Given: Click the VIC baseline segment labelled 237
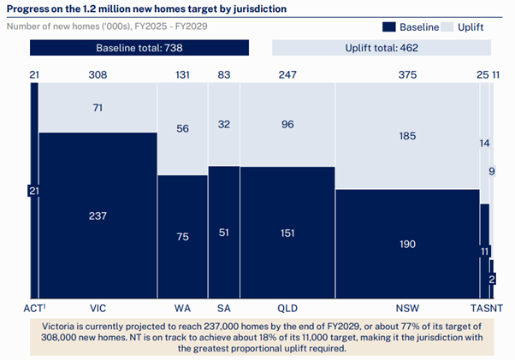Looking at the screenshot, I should pos(98,215).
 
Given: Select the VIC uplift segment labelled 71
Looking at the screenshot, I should pos(98,108).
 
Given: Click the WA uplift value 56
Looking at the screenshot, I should pos(182,128).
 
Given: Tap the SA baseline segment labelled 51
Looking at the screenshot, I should pos(224,233).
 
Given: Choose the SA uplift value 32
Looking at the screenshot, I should pos(224,123).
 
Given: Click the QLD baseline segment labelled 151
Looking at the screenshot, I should pos(287,233).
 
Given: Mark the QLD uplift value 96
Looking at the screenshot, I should pos(287,123).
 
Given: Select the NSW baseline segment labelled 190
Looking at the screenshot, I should pos(407,244).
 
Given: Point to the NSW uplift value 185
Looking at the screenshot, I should pos(407,135).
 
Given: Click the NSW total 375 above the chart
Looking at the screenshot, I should pos(407,75).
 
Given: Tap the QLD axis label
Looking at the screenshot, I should pos(287,307).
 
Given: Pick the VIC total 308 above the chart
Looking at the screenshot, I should pos(98,75).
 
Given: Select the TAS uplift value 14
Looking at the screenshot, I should pos(484,144).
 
